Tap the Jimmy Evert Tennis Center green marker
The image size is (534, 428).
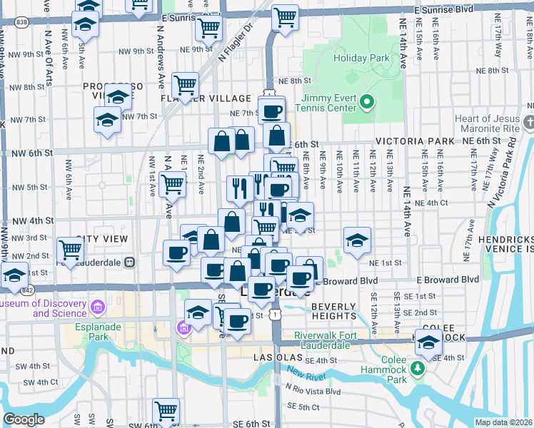point(367,102)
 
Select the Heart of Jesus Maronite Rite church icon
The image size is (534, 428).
point(528,123)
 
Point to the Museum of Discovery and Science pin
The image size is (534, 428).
point(98,307)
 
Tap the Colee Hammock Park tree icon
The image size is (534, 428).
point(418,368)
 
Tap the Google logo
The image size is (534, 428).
point(24,419)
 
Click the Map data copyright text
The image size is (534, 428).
point(504,422)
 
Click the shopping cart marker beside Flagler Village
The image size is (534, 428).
point(185,86)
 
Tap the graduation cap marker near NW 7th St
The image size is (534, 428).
point(106,119)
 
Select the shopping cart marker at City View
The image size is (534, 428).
point(71,250)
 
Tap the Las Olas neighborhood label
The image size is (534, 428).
point(282,355)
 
